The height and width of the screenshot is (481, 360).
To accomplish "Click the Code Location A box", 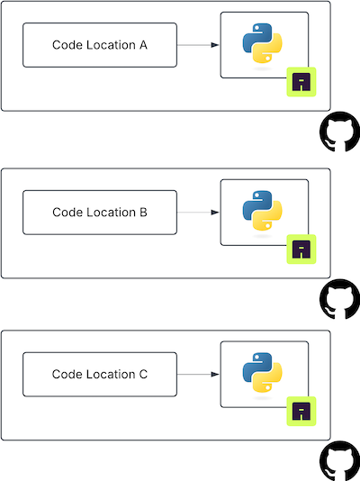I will point(100,45).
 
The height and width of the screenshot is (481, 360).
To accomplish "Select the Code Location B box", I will point(100,213).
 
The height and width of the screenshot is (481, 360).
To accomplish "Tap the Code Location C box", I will point(100,374).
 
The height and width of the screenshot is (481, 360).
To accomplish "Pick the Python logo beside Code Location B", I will point(262,211).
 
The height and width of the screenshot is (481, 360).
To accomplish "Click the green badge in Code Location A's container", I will point(302,83).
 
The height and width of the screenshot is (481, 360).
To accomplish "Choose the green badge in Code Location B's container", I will point(302,250).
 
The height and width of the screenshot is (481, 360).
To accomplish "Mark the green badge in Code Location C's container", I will point(302,412).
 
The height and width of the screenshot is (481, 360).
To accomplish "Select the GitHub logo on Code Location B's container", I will point(338,298).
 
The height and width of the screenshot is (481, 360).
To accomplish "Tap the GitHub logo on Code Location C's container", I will point(338,459).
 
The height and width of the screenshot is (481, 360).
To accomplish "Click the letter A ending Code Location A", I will point(143,45).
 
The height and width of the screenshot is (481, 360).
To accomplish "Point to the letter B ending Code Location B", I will point(143,213).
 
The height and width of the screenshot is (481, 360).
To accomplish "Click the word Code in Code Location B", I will point(67,213).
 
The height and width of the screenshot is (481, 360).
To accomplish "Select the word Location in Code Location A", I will point(111,45).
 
